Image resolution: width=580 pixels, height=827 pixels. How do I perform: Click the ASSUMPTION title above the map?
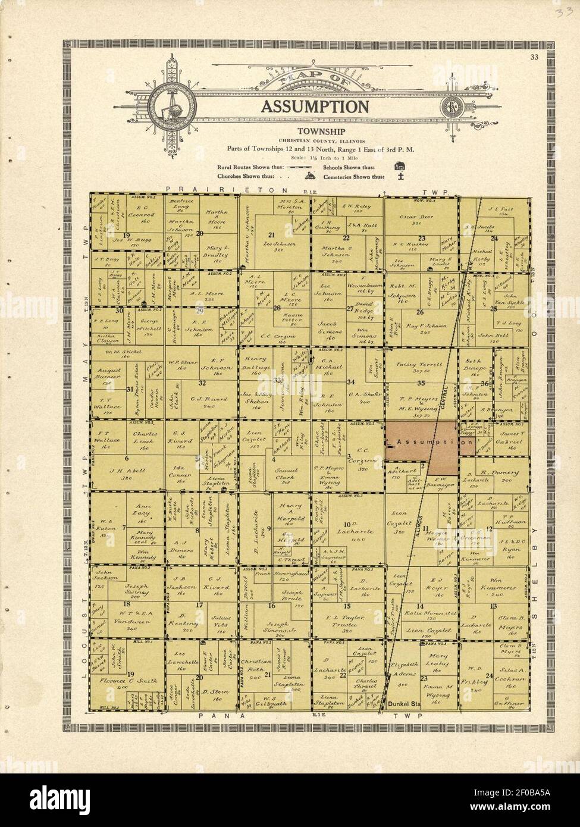pyautogui.click(x=313, y=106)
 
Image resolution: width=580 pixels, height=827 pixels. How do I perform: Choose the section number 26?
pyautogui.click(x=420, y=312)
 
